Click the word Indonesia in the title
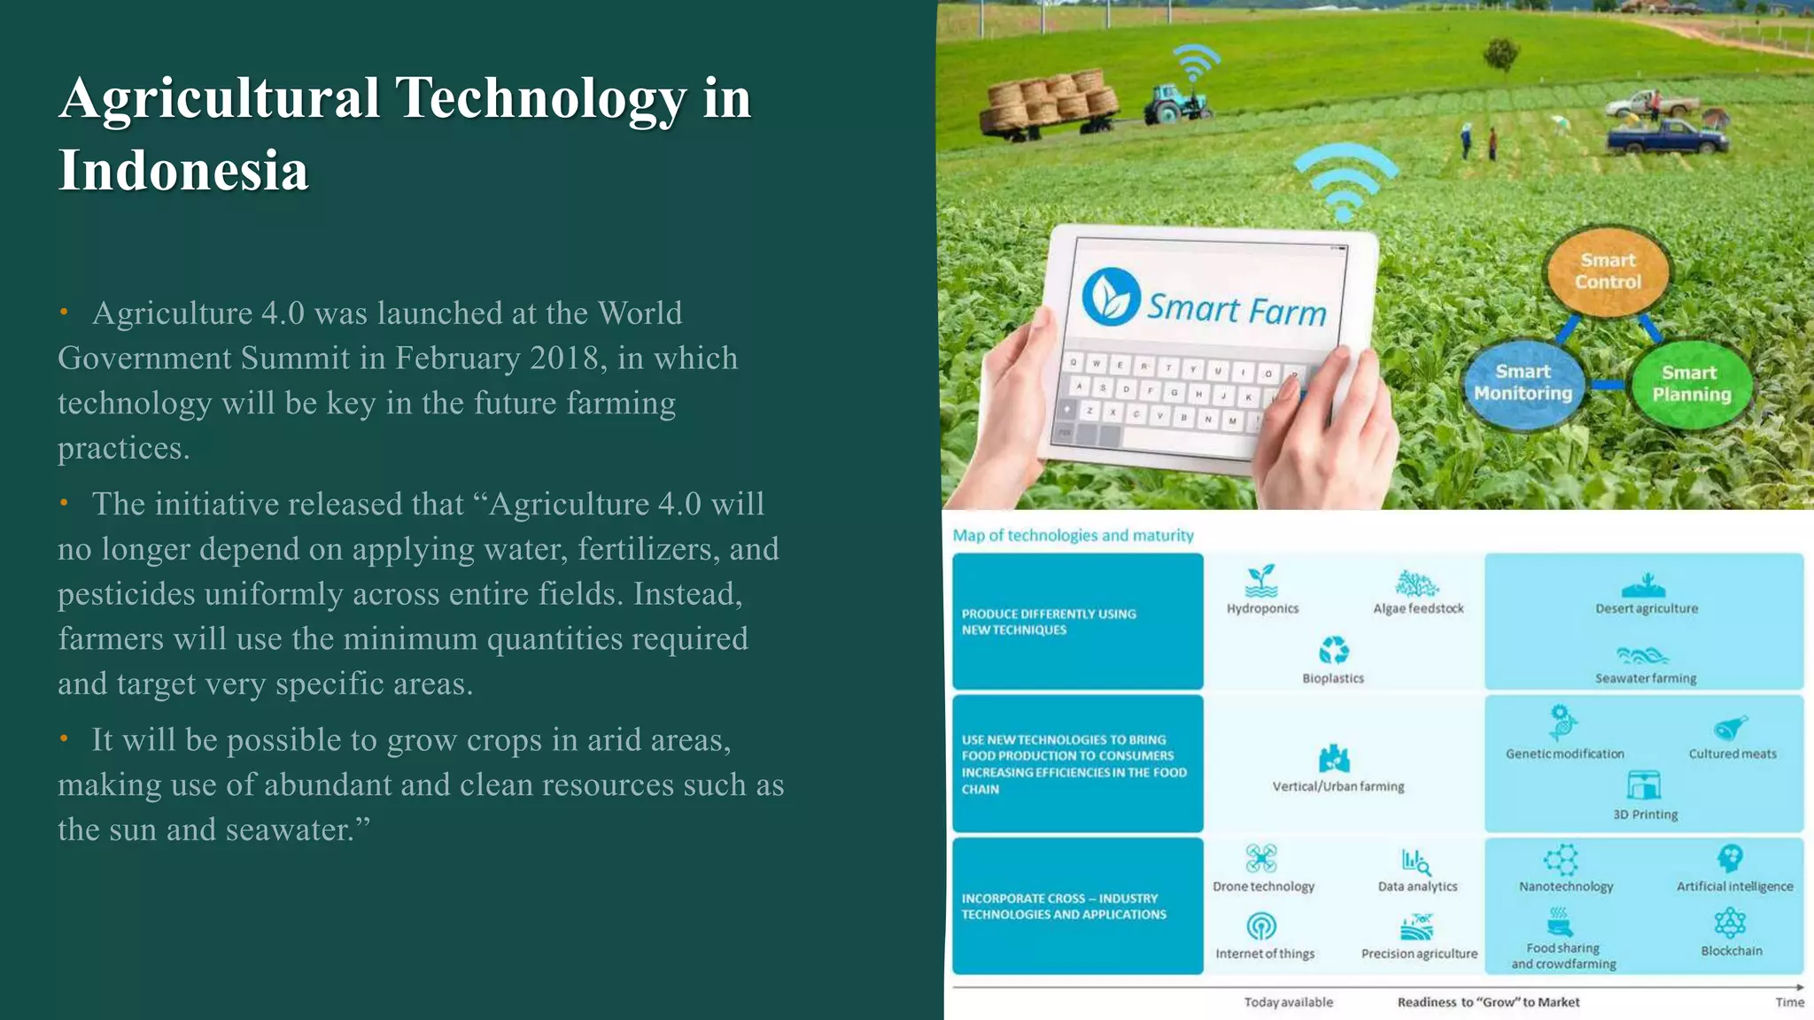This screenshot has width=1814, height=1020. click(183, 170)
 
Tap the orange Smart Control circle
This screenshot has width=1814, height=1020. click(1608, 271)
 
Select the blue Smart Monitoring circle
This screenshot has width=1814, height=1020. click(1523, 382)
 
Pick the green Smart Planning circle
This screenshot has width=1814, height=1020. click(1691, 383)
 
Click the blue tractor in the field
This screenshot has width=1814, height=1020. click(1175, 102)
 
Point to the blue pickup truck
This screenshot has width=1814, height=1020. click(1666, 137)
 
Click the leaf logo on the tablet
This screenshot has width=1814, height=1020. click(1110, 297)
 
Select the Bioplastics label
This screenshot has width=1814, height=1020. click(1333, 678)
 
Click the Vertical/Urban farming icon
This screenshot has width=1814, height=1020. click(1334, 759)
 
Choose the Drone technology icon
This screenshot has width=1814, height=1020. click(1261, 858)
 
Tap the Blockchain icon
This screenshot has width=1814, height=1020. click(1730, 923)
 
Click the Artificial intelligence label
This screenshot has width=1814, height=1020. click(1734, 886)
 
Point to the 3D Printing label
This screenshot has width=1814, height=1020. click(1645, 815)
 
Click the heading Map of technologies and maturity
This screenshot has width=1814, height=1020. click(1073, 536)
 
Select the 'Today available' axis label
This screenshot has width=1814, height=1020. click(1288, 1002)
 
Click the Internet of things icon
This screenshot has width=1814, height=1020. click(1261, 926)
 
